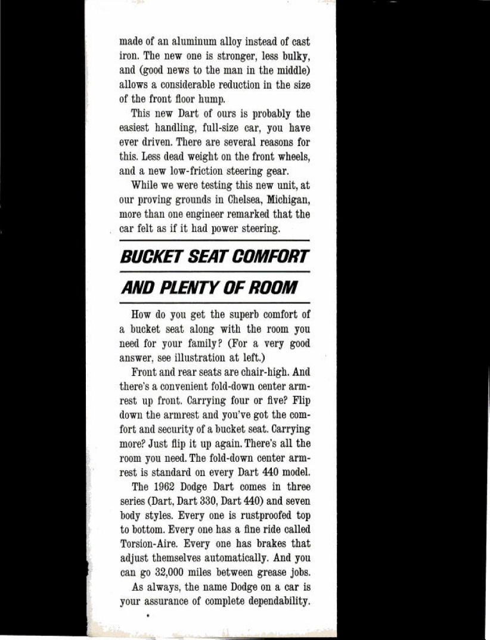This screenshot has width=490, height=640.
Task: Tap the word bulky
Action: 294,57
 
